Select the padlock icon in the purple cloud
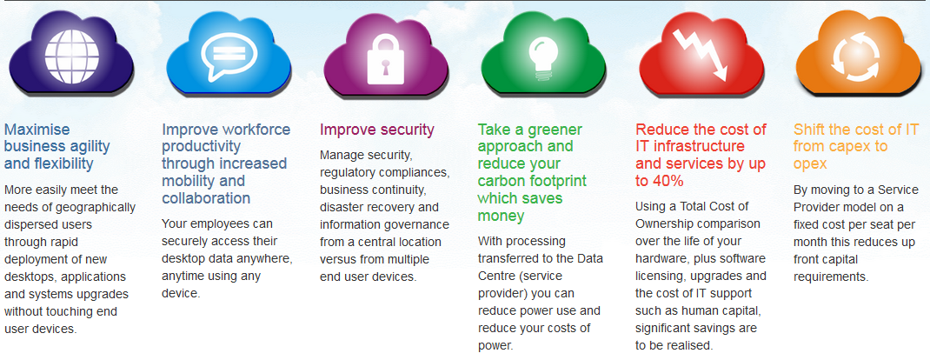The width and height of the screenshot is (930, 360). [386, 58]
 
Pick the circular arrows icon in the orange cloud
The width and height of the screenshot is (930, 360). [858, 57]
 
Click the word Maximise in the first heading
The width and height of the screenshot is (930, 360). [37, 130]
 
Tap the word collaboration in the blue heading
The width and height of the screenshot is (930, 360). [206, 197]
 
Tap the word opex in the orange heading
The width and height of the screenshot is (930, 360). [810, 164]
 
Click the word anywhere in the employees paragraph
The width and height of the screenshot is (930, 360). [261, 259]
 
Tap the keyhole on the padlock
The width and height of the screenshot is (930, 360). [386, 65]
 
